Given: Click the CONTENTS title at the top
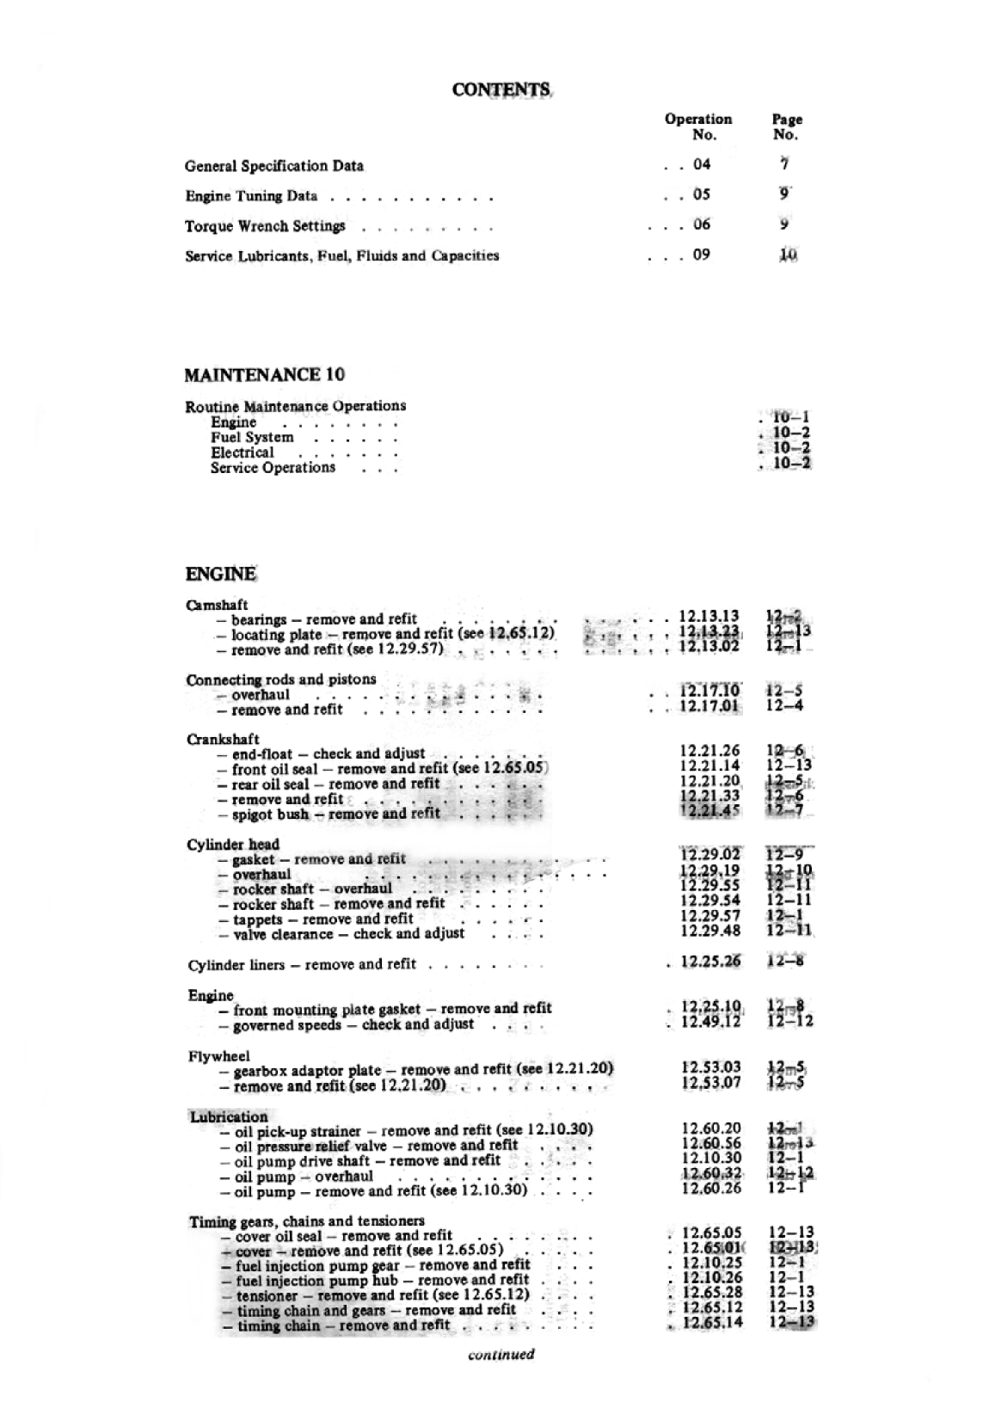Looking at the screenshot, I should pyautogui.click(x=501, y=89).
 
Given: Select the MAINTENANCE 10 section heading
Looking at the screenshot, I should pyautogui.click(x=265, y=375).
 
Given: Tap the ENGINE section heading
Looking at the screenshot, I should pyautogui.click(x=220, y=575).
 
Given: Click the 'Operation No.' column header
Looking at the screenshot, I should pyautogui.click(x=697, y=126).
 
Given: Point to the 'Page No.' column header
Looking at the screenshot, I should pyautogui.click(x=786, y=127).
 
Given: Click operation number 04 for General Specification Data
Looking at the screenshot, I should pyautogui.click(x=702, y=165).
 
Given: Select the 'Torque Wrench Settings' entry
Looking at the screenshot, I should pyautogui.click(x=265, y=227).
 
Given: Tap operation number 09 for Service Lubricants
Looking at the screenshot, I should pyautogui.click(x=702, y=255).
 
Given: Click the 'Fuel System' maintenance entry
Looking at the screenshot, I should pyautogui.click(x=252, y=438).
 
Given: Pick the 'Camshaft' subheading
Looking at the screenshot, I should pyautogui.click(x=217, y=605).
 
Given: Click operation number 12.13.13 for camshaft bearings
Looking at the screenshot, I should pyautogui.click(x=709, y=617).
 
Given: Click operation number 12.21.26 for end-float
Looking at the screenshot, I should pyautogui.click(x=709, y=752).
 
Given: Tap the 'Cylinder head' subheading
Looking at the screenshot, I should pyautogui.click(x=233, y=845).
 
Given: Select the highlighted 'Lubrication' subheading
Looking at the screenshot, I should pyautogui.click(x=229, y=1117).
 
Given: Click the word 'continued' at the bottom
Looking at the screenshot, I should pyautogui.click(x=501, y=1355).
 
